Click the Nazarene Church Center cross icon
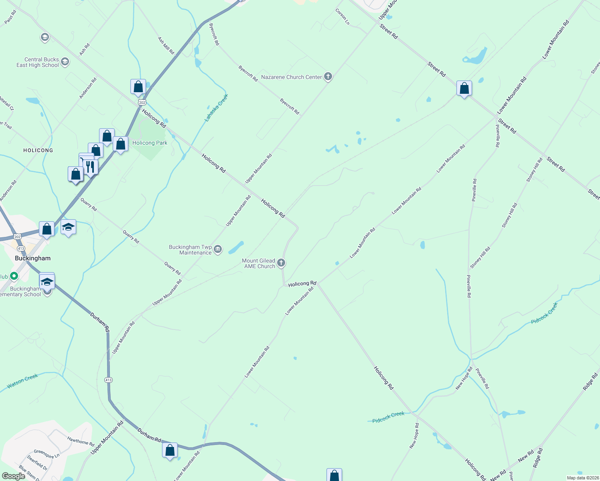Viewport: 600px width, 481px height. tap(328, 77)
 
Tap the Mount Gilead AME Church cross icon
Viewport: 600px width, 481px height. tap(281, 263)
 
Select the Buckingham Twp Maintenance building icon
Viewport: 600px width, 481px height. tap(218, 249)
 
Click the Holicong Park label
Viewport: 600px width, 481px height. tap(150, 143)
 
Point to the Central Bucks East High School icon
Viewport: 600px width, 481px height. tap(65, 62)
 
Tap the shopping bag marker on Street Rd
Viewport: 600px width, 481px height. tap(464, 88)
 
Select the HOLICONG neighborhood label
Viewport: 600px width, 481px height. tap(38, 150)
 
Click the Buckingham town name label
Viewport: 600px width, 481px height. tap(33, 258)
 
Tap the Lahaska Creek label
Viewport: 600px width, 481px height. tap(216, 108)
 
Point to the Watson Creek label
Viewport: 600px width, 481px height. tap(22, 381)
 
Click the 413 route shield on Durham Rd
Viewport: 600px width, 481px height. tap(108, 380)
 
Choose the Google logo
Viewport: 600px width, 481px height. tap(13, 476)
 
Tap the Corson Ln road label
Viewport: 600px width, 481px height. tap(342, 17)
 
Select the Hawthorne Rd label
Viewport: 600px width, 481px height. tap(81, 442)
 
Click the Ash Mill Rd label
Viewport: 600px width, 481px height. tap(166, 46)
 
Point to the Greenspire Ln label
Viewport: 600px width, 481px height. tap(47, 454)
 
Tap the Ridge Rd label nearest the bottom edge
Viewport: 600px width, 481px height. tap(537, 458)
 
